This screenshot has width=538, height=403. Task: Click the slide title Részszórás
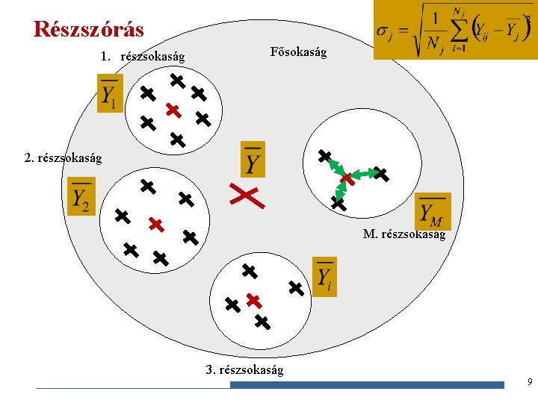pos(89,29)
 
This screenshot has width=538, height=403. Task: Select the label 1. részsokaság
pos(142,57)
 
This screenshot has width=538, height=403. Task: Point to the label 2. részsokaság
pos(63,157)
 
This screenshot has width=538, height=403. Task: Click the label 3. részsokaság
pos(244,369)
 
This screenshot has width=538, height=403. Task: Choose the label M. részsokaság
pos(403,234)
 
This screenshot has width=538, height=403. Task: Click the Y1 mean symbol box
pos(110,93)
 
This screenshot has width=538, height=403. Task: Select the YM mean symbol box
pos(433,211)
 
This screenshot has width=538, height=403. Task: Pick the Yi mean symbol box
pos(324,277)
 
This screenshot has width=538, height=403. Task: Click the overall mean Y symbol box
pos(253,160)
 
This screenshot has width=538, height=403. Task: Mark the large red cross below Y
pos(245,195)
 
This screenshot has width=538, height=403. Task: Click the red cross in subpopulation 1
pos(173,110)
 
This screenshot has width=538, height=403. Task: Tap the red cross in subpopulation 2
pos(155,223)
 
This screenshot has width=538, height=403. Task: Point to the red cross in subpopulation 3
pos(253,301)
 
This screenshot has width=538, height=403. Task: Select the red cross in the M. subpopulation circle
pos(347,179)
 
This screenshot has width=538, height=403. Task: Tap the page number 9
pos(529,383)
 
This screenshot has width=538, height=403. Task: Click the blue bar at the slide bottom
pos(367,385)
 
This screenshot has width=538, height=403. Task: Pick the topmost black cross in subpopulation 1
pos(176,78)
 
